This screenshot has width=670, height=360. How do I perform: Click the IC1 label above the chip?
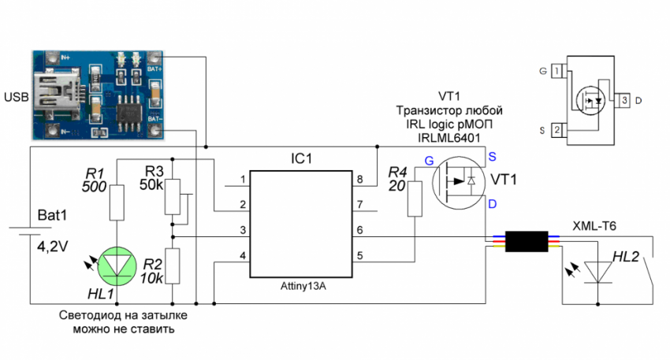pyautogui.click(x=301, y=158)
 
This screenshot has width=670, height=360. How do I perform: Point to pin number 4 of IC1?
pyautogui.click(x=244, y=256)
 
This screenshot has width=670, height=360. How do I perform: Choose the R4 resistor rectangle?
pyautogui.click(x=415, y=199)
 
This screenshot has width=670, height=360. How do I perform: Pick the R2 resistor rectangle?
pyautogui.click(x=173, y=266)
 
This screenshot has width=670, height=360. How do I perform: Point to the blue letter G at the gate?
pyautogui.click(x=429, y=161)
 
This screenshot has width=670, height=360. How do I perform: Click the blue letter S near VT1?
pyautogui.click(x=492, y=155)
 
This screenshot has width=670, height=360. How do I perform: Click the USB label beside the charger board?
pyautogui.click(x=16, y=97)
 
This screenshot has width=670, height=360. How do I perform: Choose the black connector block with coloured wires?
pyautogui.click(x=526, y=240)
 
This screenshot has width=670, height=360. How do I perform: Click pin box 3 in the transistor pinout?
pyautogui.click(x=624, y=100)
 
